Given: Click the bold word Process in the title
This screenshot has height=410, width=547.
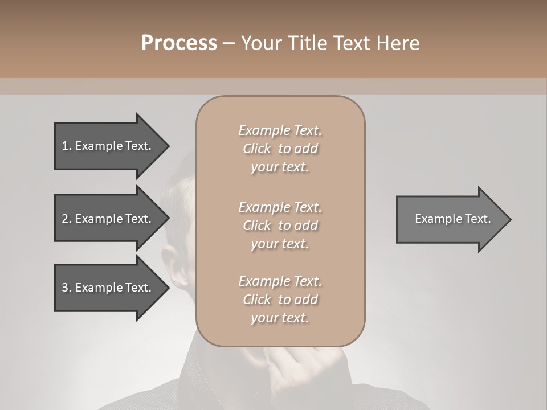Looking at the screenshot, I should coord(179,43).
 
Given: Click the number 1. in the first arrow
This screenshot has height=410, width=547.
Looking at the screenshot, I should coord(66,146).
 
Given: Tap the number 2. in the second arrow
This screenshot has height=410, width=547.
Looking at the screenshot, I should coord(66,219).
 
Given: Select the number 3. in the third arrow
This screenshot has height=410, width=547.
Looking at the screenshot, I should coord(66,288).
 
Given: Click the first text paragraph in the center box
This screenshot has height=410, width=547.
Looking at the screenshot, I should coord(280,149).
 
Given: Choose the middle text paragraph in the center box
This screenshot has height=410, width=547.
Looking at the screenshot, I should coord(280,225).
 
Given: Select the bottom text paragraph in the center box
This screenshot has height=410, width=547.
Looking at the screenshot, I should coord(280,300).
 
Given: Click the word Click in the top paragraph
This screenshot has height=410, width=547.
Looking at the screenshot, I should coord(257,149).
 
